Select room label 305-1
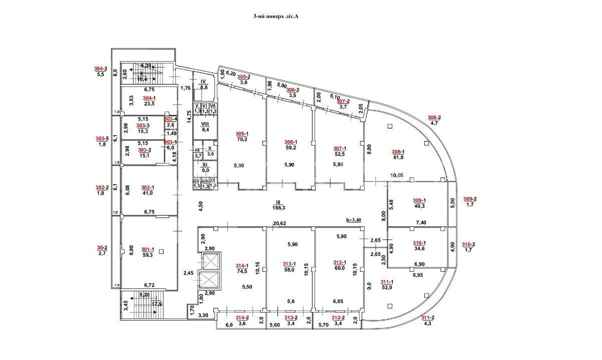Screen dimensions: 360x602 pyautogui.click(x=242, y=133)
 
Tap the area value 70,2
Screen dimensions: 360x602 pyautogui.click(x=242, y=139)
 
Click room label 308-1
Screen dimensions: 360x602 pyautogui.click(x=398, y=152)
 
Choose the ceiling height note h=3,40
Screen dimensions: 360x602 pyautogui.click(x=356, y=220)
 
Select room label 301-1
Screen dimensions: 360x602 pyautogui.click(x=147, y=249)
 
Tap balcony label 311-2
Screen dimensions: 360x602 pyautogui.click(x=426, y=317)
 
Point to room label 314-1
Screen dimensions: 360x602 pyautogui.click(x=242, y=265)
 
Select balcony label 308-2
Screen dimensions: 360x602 pyautogui.click(x=434, y=117)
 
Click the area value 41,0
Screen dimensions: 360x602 pyautogui.click(x=148, y=194)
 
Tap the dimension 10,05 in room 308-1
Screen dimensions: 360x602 pyautogui.click(x=397, y=175)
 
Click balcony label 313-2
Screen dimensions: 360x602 pyautogui.click(x=291, y=318)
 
